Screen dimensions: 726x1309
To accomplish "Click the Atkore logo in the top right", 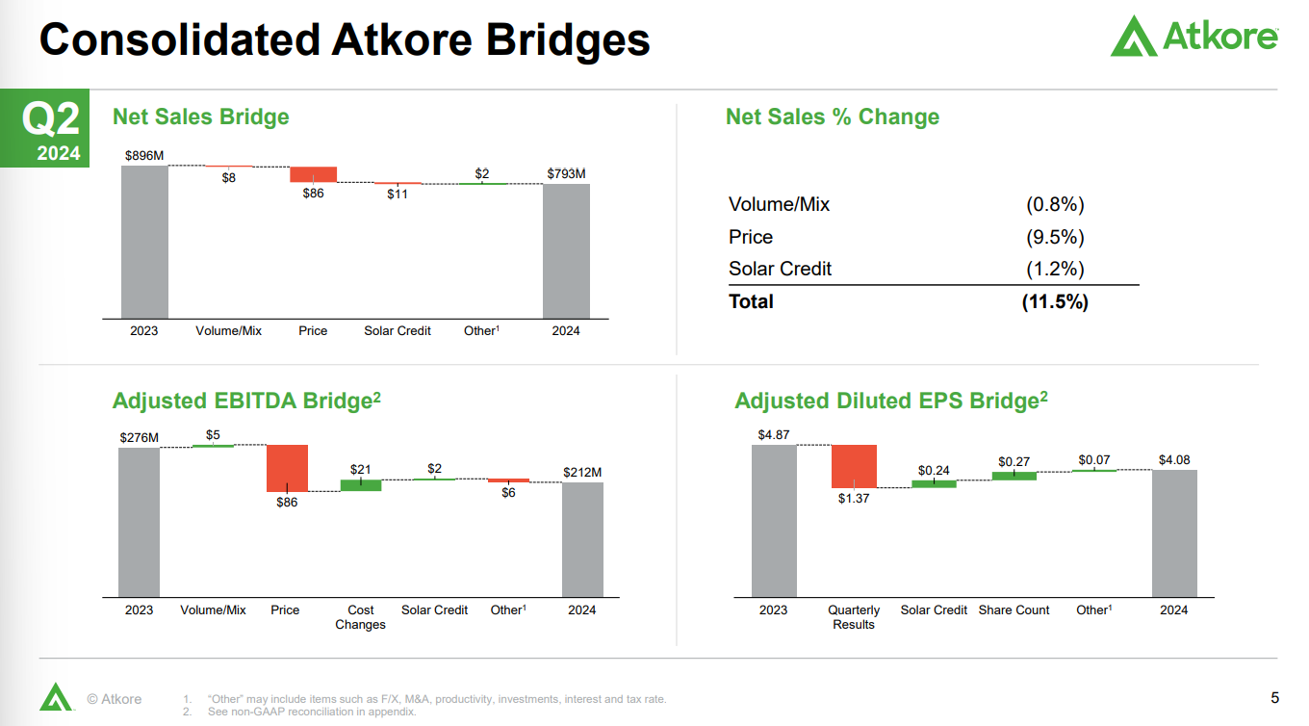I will coord(1193,36).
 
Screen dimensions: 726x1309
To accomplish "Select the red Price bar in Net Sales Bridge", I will coord(313,174).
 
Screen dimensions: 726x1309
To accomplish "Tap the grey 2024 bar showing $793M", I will coord(566,250).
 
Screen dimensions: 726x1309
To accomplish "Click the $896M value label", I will coord(144,155).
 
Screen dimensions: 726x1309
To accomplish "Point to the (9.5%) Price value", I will coord(1055,237).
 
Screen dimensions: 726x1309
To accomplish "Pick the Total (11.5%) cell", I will coord(1055,301).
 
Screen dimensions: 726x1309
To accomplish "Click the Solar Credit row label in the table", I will coord(780,269).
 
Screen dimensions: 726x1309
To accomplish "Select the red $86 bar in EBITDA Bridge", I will coord(287,468).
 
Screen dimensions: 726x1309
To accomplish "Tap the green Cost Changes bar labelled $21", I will coord(360,485).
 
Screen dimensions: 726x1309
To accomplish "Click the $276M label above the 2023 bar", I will coord(139,437).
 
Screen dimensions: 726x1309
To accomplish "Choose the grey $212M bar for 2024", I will coord(582,539).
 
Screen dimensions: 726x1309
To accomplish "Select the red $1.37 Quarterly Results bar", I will coord(854,466).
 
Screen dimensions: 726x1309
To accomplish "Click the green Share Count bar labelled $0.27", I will coord(1014,475).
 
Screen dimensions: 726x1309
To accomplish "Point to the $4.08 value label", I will coord(1174,460).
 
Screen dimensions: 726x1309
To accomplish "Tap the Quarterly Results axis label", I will coord(854,617).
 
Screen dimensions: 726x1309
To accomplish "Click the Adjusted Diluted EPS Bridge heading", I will coord(890,401).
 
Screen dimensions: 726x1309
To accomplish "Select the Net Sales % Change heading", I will coord(832,117).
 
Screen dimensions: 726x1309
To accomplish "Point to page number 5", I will coord(1274,697).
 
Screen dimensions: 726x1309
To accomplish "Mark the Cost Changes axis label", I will coord(360,617).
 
